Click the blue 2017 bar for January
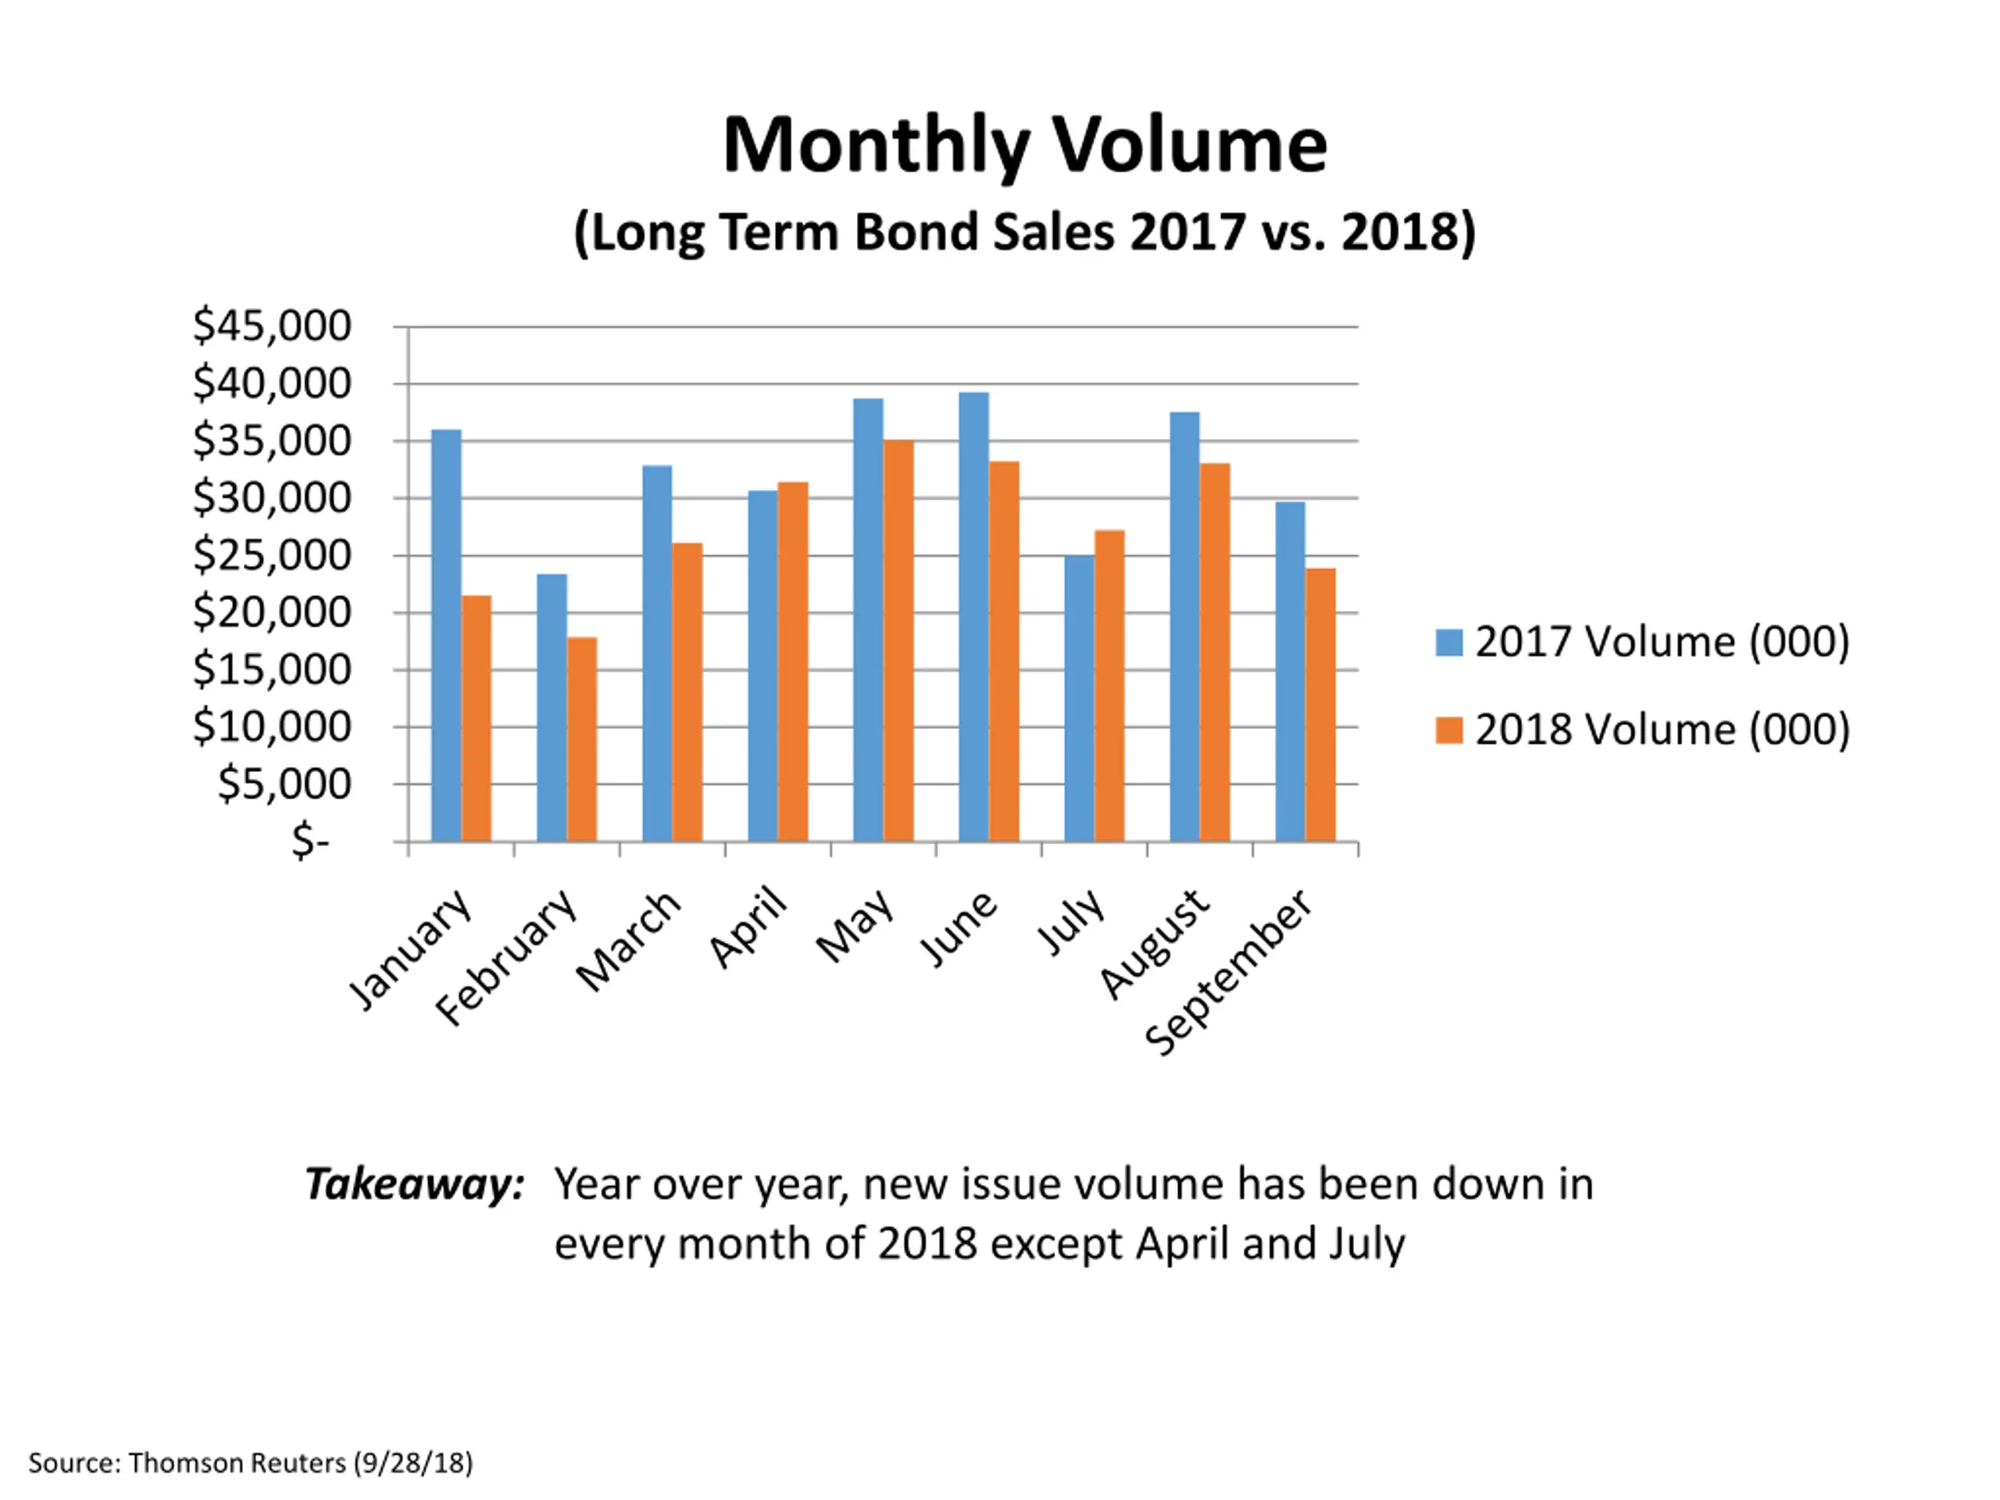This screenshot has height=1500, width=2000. click(x=446, y=636)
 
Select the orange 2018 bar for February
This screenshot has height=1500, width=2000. click(x=582, y=740)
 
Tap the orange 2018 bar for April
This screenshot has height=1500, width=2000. click(x=793, y=662)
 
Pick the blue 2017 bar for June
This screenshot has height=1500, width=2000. click(x=973, y=616)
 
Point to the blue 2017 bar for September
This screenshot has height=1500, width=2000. click(x=1291, y=672)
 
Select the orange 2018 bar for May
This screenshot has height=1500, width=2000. click(x=898, y=641)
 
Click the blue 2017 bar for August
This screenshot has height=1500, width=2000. click(x=1184, y=627)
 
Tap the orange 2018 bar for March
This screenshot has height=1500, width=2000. click(x=687, y=693)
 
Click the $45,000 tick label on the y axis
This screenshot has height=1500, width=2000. click(x=271, y=326)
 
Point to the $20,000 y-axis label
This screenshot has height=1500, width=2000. click(x=271, y=612)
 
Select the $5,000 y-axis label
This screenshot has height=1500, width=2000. click(x=284, y=784)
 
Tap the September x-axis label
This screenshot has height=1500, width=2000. click(x=1229, y=971)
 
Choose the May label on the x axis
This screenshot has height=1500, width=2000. click(x=855, y=926)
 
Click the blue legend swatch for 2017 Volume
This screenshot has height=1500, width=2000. click(x=1448, y=642)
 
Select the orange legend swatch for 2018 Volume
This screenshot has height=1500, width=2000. click(x=1448, y=730)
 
